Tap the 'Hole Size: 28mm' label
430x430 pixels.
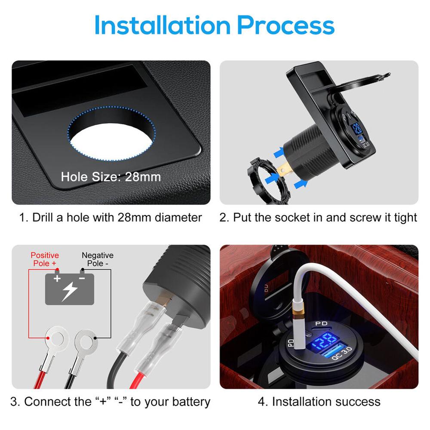click(111, 177)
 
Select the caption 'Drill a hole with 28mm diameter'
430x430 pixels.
click(111, 218)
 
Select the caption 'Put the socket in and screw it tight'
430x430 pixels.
click(319, 218)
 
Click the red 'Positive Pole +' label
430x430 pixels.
click(45, 259)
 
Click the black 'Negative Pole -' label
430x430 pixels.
click(98, 259)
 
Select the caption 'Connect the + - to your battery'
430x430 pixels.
click(111, 402)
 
